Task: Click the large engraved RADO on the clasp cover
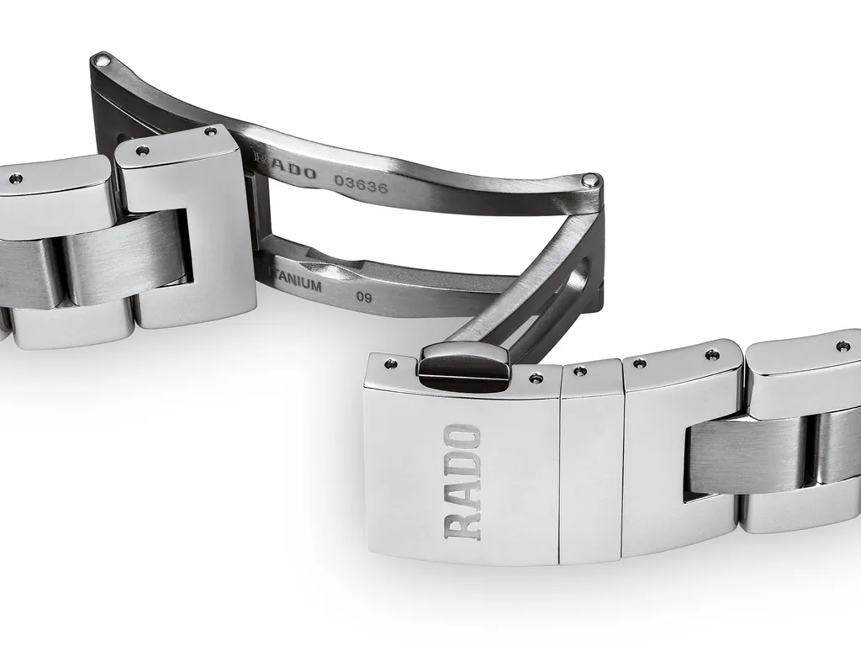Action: tap(463, 482)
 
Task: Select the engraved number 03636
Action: tap(361, 184)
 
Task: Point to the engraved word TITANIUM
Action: tap(293, 283)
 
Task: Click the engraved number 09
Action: tap(364, 296)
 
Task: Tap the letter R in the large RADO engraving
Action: tap(463, 524)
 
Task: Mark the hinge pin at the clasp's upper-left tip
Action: tap(103, 59)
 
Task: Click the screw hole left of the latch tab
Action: tap(390, 364)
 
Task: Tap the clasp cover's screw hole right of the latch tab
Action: tap(536, 379)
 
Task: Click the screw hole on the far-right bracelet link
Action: tap(842, 346)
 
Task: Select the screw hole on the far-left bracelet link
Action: tap(15, 178)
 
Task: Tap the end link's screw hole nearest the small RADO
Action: tap(209, 132)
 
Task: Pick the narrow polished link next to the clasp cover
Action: tap(590, 463)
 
